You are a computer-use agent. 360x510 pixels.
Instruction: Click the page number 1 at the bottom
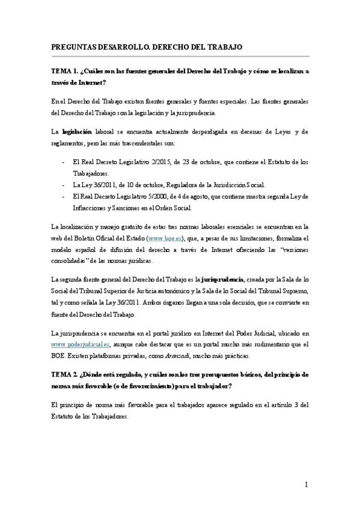[x=306, y=485]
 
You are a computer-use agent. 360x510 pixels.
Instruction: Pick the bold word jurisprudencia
[x=222, y=280]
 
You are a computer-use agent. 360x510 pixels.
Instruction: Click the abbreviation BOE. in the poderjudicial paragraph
[x=60, y=356]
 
